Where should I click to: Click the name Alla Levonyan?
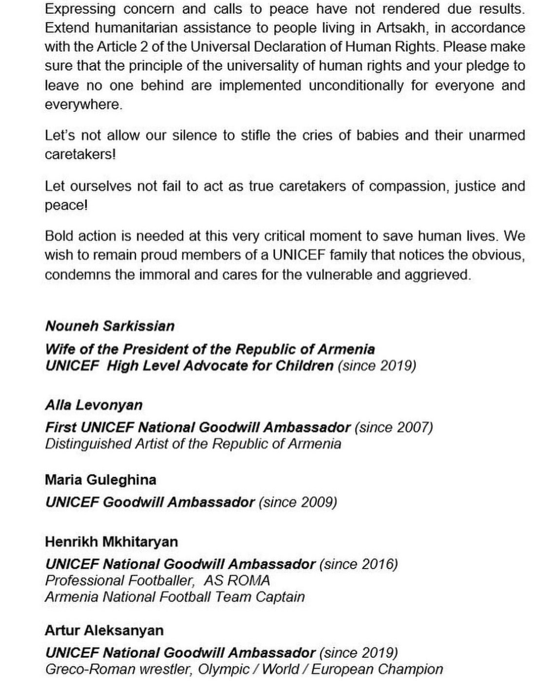pos(94,405)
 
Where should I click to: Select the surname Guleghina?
pos(122,479)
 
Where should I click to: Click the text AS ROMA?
pos(237,580)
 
